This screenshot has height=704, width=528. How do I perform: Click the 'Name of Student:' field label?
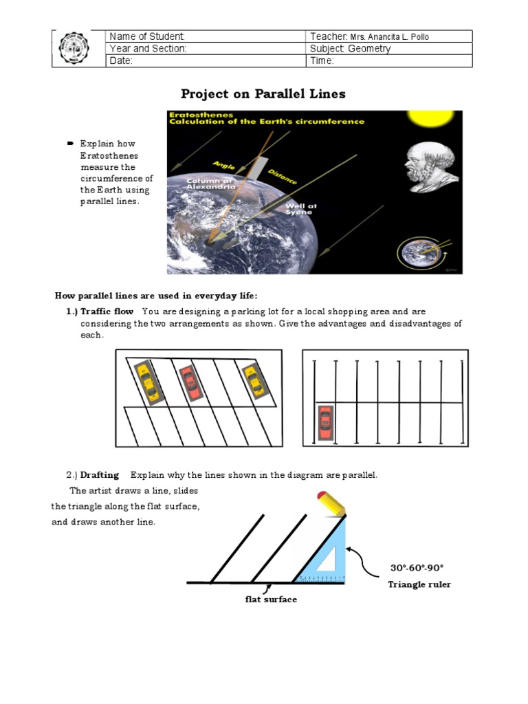(x=147, y=36)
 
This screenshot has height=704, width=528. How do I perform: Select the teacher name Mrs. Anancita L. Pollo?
(x=389, y=37)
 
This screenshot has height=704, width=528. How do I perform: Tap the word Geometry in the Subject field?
(x=369, y=49)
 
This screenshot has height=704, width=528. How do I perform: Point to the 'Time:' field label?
(x=322, y=60)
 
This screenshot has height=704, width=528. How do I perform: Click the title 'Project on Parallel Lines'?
(x=263, y=93)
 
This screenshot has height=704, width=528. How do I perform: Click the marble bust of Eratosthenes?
(x=431, y=168)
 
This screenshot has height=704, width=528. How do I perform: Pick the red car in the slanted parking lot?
(x=190, y=384)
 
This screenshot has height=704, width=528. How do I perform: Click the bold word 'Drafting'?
(x=100, y=475)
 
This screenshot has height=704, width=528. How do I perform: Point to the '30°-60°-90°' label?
(x=417, y=568)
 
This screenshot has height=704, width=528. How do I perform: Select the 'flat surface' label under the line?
(x=271, y=599)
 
